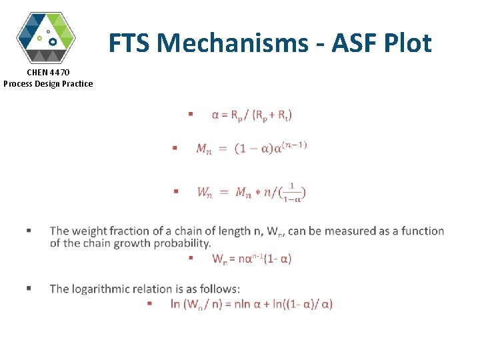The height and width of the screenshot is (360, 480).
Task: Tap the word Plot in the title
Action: tap(407, 43)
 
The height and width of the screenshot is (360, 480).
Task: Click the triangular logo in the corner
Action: tap(46, 37)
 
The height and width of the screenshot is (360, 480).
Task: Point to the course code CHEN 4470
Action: tap(47, 72)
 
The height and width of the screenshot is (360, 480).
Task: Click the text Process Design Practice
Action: tap(48, 83)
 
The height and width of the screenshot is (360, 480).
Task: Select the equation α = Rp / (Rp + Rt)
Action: tap(252, 115)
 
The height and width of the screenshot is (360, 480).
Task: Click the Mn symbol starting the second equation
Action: tap(204, 149)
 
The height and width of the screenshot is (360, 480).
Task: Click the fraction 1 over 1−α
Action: tap(291, 191)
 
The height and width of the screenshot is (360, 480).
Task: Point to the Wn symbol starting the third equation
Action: tap(205, 192)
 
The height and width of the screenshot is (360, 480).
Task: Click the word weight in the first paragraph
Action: tap(89, 231)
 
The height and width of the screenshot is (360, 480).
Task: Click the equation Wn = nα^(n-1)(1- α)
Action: tap(252, 259)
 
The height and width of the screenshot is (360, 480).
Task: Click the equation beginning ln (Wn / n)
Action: tap(252, 304)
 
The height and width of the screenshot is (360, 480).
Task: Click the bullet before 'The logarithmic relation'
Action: tap(29, 288)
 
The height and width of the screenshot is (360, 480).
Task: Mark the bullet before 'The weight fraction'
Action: tap(29, 230)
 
